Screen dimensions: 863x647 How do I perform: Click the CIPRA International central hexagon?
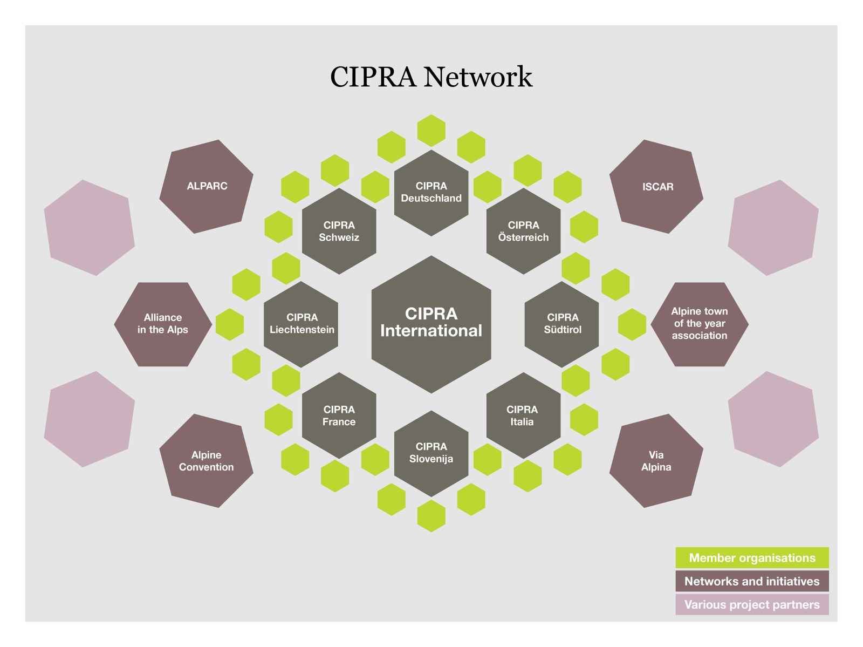432,324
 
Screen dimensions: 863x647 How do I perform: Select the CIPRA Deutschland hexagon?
432,193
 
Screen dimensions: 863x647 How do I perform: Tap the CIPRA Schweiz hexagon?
339,231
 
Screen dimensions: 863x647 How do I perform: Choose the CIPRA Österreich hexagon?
523,231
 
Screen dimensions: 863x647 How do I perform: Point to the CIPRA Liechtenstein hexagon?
301,324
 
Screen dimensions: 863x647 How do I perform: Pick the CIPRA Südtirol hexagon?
562,324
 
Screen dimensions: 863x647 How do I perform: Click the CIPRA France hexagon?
339,416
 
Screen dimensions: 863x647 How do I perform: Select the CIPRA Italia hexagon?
523,416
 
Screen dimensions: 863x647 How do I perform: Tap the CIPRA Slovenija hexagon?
432,454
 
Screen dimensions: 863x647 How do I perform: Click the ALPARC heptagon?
207,186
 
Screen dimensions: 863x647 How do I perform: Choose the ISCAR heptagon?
656,186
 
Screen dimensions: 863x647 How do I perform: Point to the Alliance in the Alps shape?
163,324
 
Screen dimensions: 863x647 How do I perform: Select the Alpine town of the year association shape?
700,324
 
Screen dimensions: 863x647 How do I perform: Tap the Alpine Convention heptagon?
207,461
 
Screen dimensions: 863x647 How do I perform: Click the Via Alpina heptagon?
656,461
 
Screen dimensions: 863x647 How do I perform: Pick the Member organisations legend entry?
752,558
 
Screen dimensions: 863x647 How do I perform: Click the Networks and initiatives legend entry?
752,581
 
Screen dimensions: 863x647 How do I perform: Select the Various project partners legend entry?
752,604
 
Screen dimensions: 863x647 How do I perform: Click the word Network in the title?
478,76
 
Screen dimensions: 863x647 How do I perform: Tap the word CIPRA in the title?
373,76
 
